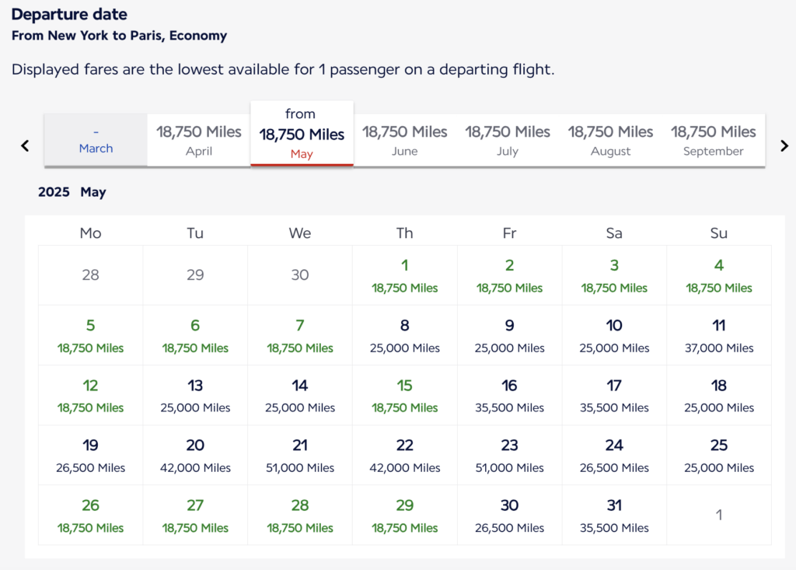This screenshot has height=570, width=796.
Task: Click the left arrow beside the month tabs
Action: coord(25,145)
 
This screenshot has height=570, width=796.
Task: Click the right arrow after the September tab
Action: coord(784,145)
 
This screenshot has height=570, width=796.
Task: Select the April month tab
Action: coord(199,140)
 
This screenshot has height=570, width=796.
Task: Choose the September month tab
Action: coord(713,140)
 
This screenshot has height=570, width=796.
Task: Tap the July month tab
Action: coord(508,140)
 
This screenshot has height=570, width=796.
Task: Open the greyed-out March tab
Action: coord(96,140)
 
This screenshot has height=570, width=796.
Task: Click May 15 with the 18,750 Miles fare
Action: coord(404,395)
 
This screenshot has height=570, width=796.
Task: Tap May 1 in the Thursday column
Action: coord(404,275)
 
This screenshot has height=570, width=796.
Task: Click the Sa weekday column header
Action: coord(614,233)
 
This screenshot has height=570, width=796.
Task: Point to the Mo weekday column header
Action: coord(90,233)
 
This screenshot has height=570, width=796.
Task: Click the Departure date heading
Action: coord(69,15)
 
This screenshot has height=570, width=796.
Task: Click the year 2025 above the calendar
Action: coord(54,192)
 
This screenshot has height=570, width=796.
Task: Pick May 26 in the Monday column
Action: coord(90,515)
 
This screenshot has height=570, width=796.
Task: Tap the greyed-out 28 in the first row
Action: coord(90,275)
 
